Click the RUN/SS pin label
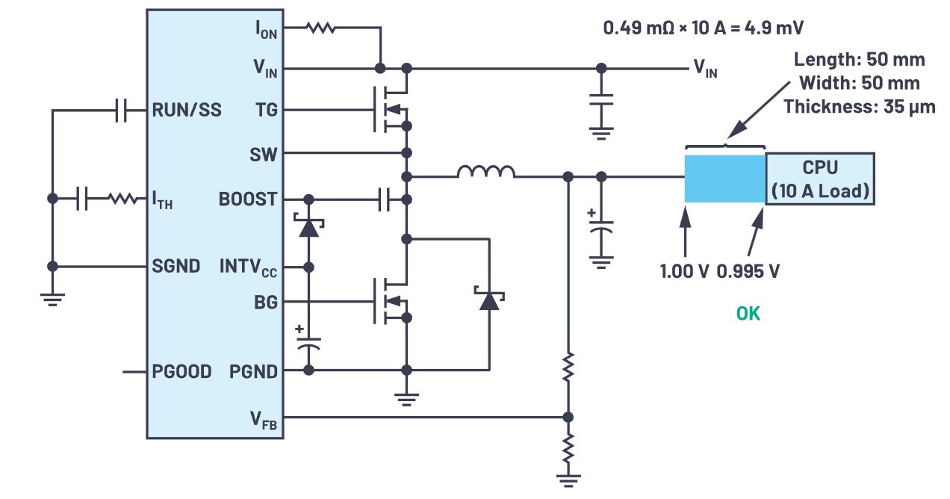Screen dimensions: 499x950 click(187, 111)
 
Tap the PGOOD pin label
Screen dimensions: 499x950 click(182, 371)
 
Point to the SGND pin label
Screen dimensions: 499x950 click(176, 266)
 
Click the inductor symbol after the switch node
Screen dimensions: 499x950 click(485, 173)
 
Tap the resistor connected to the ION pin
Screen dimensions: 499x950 click(319, 28)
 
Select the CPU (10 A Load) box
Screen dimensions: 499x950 click(820, 179)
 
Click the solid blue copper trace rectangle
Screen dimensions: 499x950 click(724, 179)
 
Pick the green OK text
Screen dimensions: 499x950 click(748, 314)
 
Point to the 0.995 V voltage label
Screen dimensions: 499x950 click(748, 271)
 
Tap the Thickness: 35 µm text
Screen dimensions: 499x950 click(859, 106)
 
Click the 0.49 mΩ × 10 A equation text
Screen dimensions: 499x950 click(703, 28)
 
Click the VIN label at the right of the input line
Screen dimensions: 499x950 click(707, 69)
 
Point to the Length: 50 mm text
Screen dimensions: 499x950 click(859, 60)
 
